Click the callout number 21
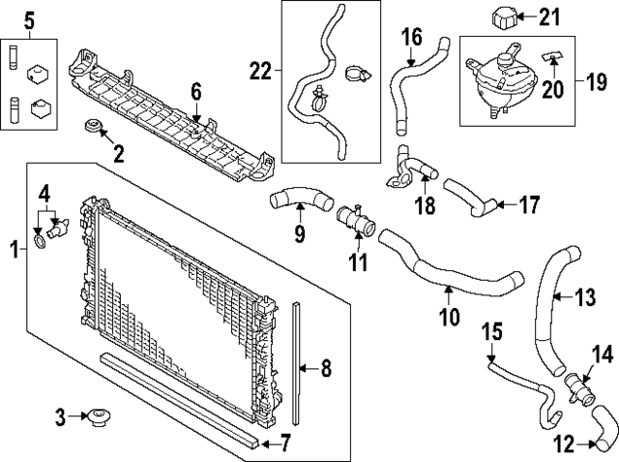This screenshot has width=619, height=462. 549,15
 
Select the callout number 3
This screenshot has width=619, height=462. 60,418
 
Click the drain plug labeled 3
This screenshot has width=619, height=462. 98,418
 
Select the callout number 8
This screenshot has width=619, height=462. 325,367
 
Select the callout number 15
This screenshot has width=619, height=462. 491,332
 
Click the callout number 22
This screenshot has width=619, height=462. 260,70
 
